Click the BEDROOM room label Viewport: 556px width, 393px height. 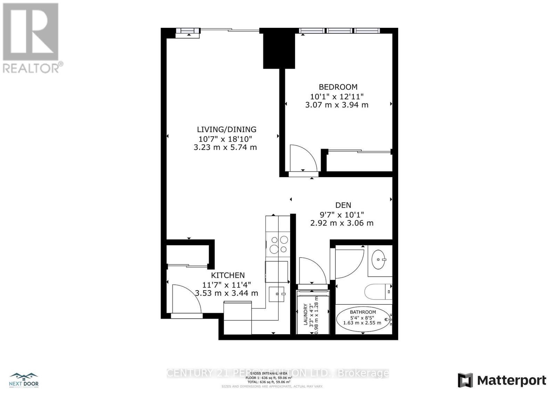tap(338, 87)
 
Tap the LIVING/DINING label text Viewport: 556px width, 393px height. tap(227, 129)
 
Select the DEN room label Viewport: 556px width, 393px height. tap(343, 205)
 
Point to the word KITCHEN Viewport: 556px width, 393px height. tap(228, 275)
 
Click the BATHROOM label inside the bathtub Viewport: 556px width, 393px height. tap(363, 312)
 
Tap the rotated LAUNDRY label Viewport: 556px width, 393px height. tap(305, 315)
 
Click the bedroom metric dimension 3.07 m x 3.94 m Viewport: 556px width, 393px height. tap(336, 105)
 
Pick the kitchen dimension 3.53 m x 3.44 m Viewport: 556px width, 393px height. tap(227, 293)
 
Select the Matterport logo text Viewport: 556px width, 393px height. tap(512, 381)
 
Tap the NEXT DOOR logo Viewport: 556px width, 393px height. tap(24, 380)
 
